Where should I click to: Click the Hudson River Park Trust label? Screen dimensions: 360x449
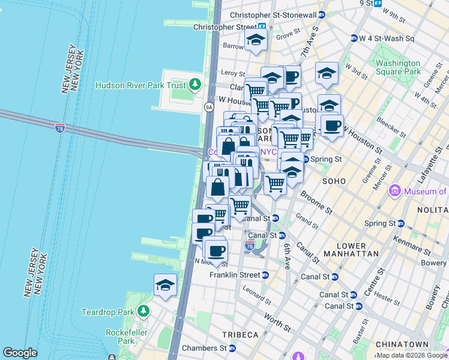[142, 85]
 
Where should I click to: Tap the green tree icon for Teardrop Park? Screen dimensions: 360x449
[143, 311]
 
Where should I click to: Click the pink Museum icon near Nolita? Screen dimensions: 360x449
[394, 191]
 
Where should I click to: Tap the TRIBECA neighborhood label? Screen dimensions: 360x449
[243, 334]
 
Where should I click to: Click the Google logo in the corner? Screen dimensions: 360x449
[20, 352]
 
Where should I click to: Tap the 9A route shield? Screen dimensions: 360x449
[209, 107]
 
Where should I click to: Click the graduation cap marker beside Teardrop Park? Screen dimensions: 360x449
[166, 286]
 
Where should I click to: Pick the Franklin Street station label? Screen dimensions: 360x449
[234, 275]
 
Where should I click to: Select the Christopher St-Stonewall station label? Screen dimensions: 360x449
[273, 14]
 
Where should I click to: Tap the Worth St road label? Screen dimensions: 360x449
[277, 323]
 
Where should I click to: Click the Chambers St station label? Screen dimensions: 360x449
[202, 348]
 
